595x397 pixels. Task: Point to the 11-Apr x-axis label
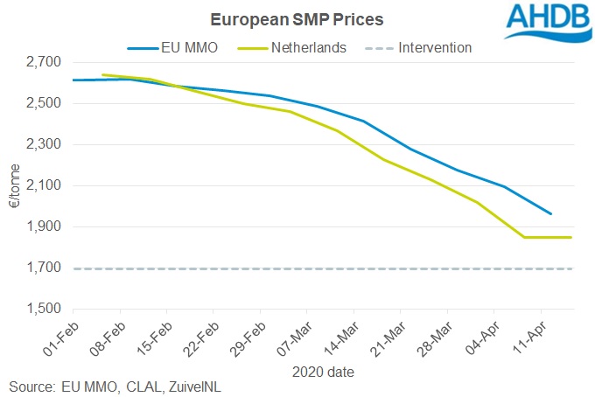click(x=529, y=338)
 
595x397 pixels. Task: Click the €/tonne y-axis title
click(x=13, y=185)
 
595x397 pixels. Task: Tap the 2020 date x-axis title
click(x=323, y=371)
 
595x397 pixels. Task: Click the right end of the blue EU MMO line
click(x=550, y=213)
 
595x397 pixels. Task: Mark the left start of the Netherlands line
click(x=103, y=75)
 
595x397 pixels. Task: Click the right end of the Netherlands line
click(x=571, y=237)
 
